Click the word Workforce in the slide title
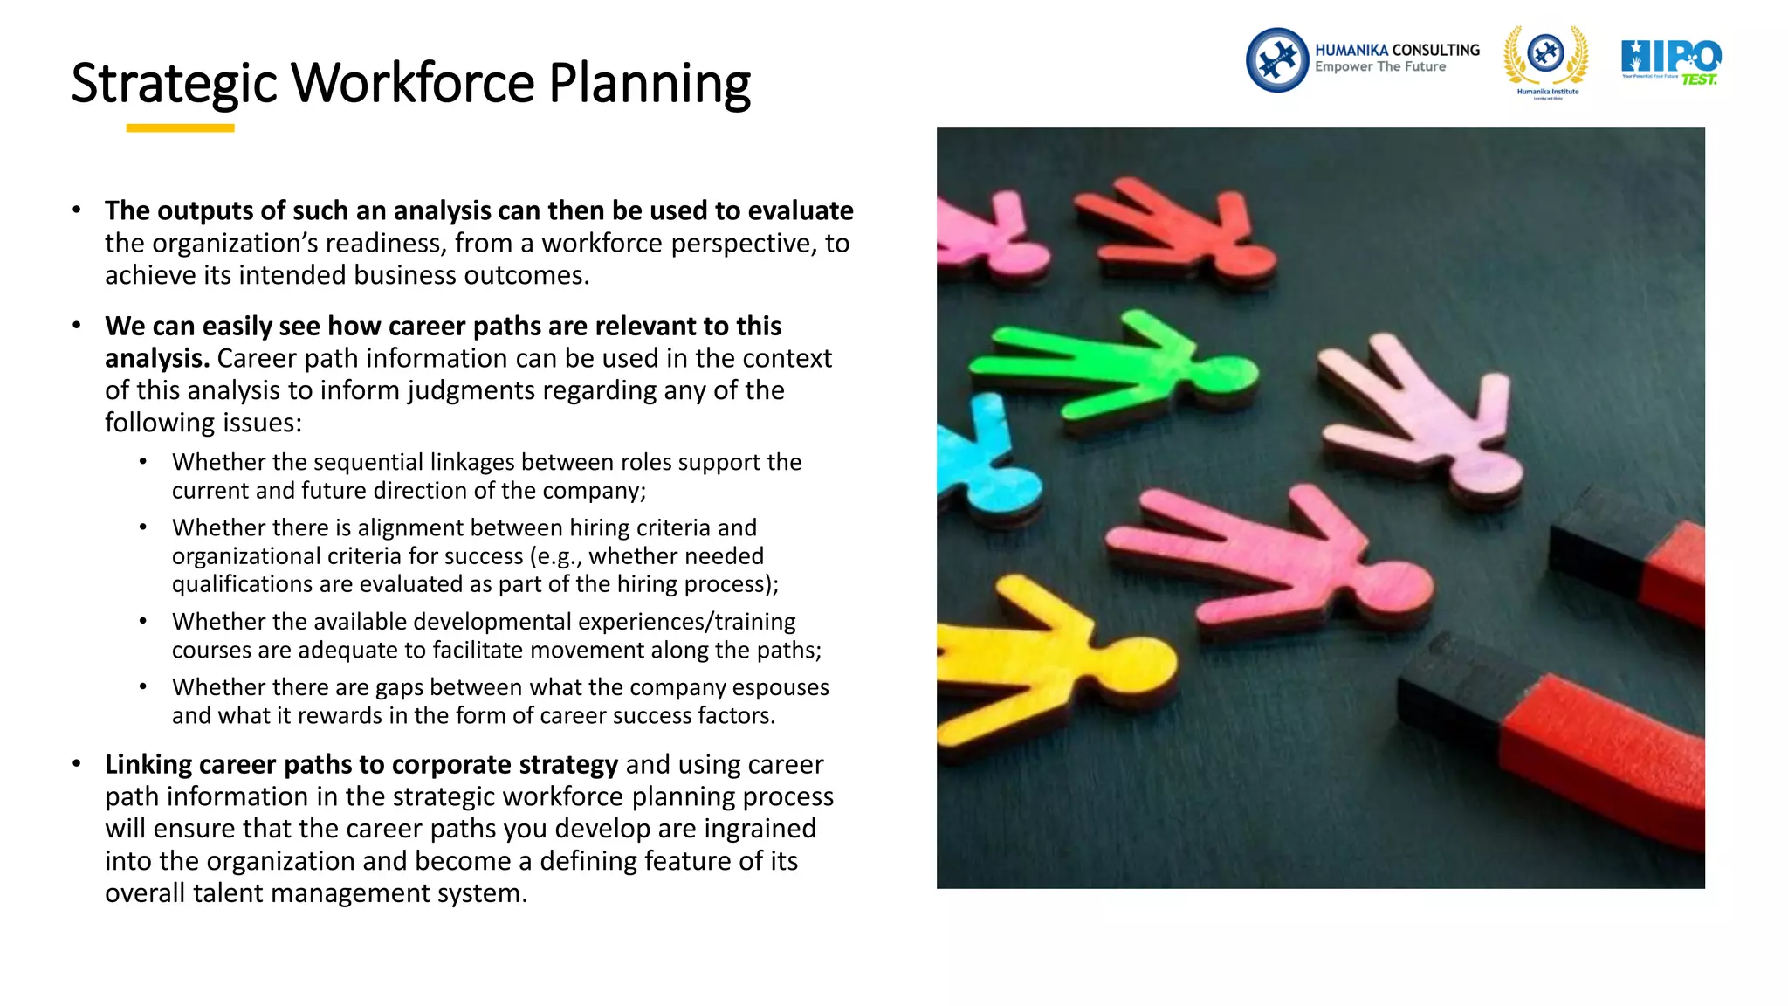tap(411, 84)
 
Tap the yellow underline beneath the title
tap(180, 128)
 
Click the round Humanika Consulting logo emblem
tap(1276, 60)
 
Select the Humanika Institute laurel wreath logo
tap(1546, 59)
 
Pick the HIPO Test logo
tap(1670, 61)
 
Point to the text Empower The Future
tap(1379, 67)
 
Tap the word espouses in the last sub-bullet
tap(781, 688)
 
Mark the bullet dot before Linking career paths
tap(77, 764)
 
